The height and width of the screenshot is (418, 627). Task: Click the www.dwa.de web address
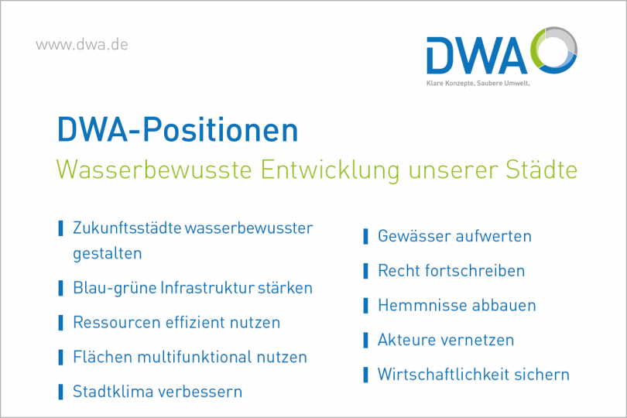[x=82, y=44]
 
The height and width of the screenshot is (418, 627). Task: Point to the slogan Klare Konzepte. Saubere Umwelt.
[x=478, y=82]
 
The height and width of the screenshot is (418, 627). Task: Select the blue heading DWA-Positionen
[x=177, y=129]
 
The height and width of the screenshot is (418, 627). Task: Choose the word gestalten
[x=107, y=253]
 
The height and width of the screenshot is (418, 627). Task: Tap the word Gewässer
[x=413, y=236]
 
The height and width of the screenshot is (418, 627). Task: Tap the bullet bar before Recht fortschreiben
[x=365, y=271]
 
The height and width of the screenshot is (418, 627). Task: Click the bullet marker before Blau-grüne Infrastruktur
[x=60, y=288]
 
